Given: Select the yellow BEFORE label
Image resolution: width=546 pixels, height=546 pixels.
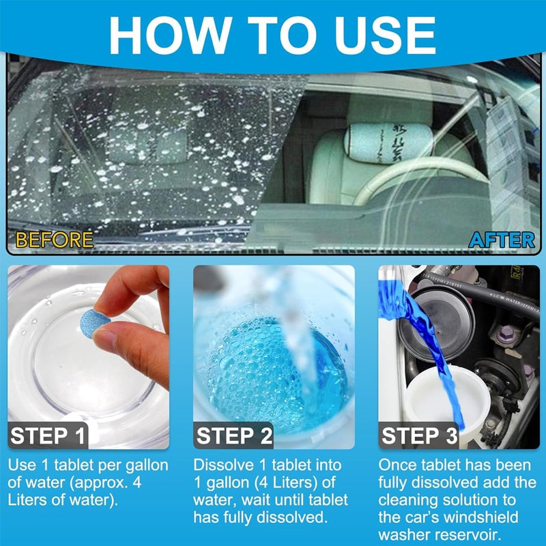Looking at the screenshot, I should click(x=54, y=240).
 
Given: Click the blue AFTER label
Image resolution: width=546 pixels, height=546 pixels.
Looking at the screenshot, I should click(x=502, y=240).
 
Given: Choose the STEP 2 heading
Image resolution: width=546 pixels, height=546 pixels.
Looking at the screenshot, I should click(x=235, y=435).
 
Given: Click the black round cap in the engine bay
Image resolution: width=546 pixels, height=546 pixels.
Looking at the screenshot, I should click(x=430, y=321).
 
